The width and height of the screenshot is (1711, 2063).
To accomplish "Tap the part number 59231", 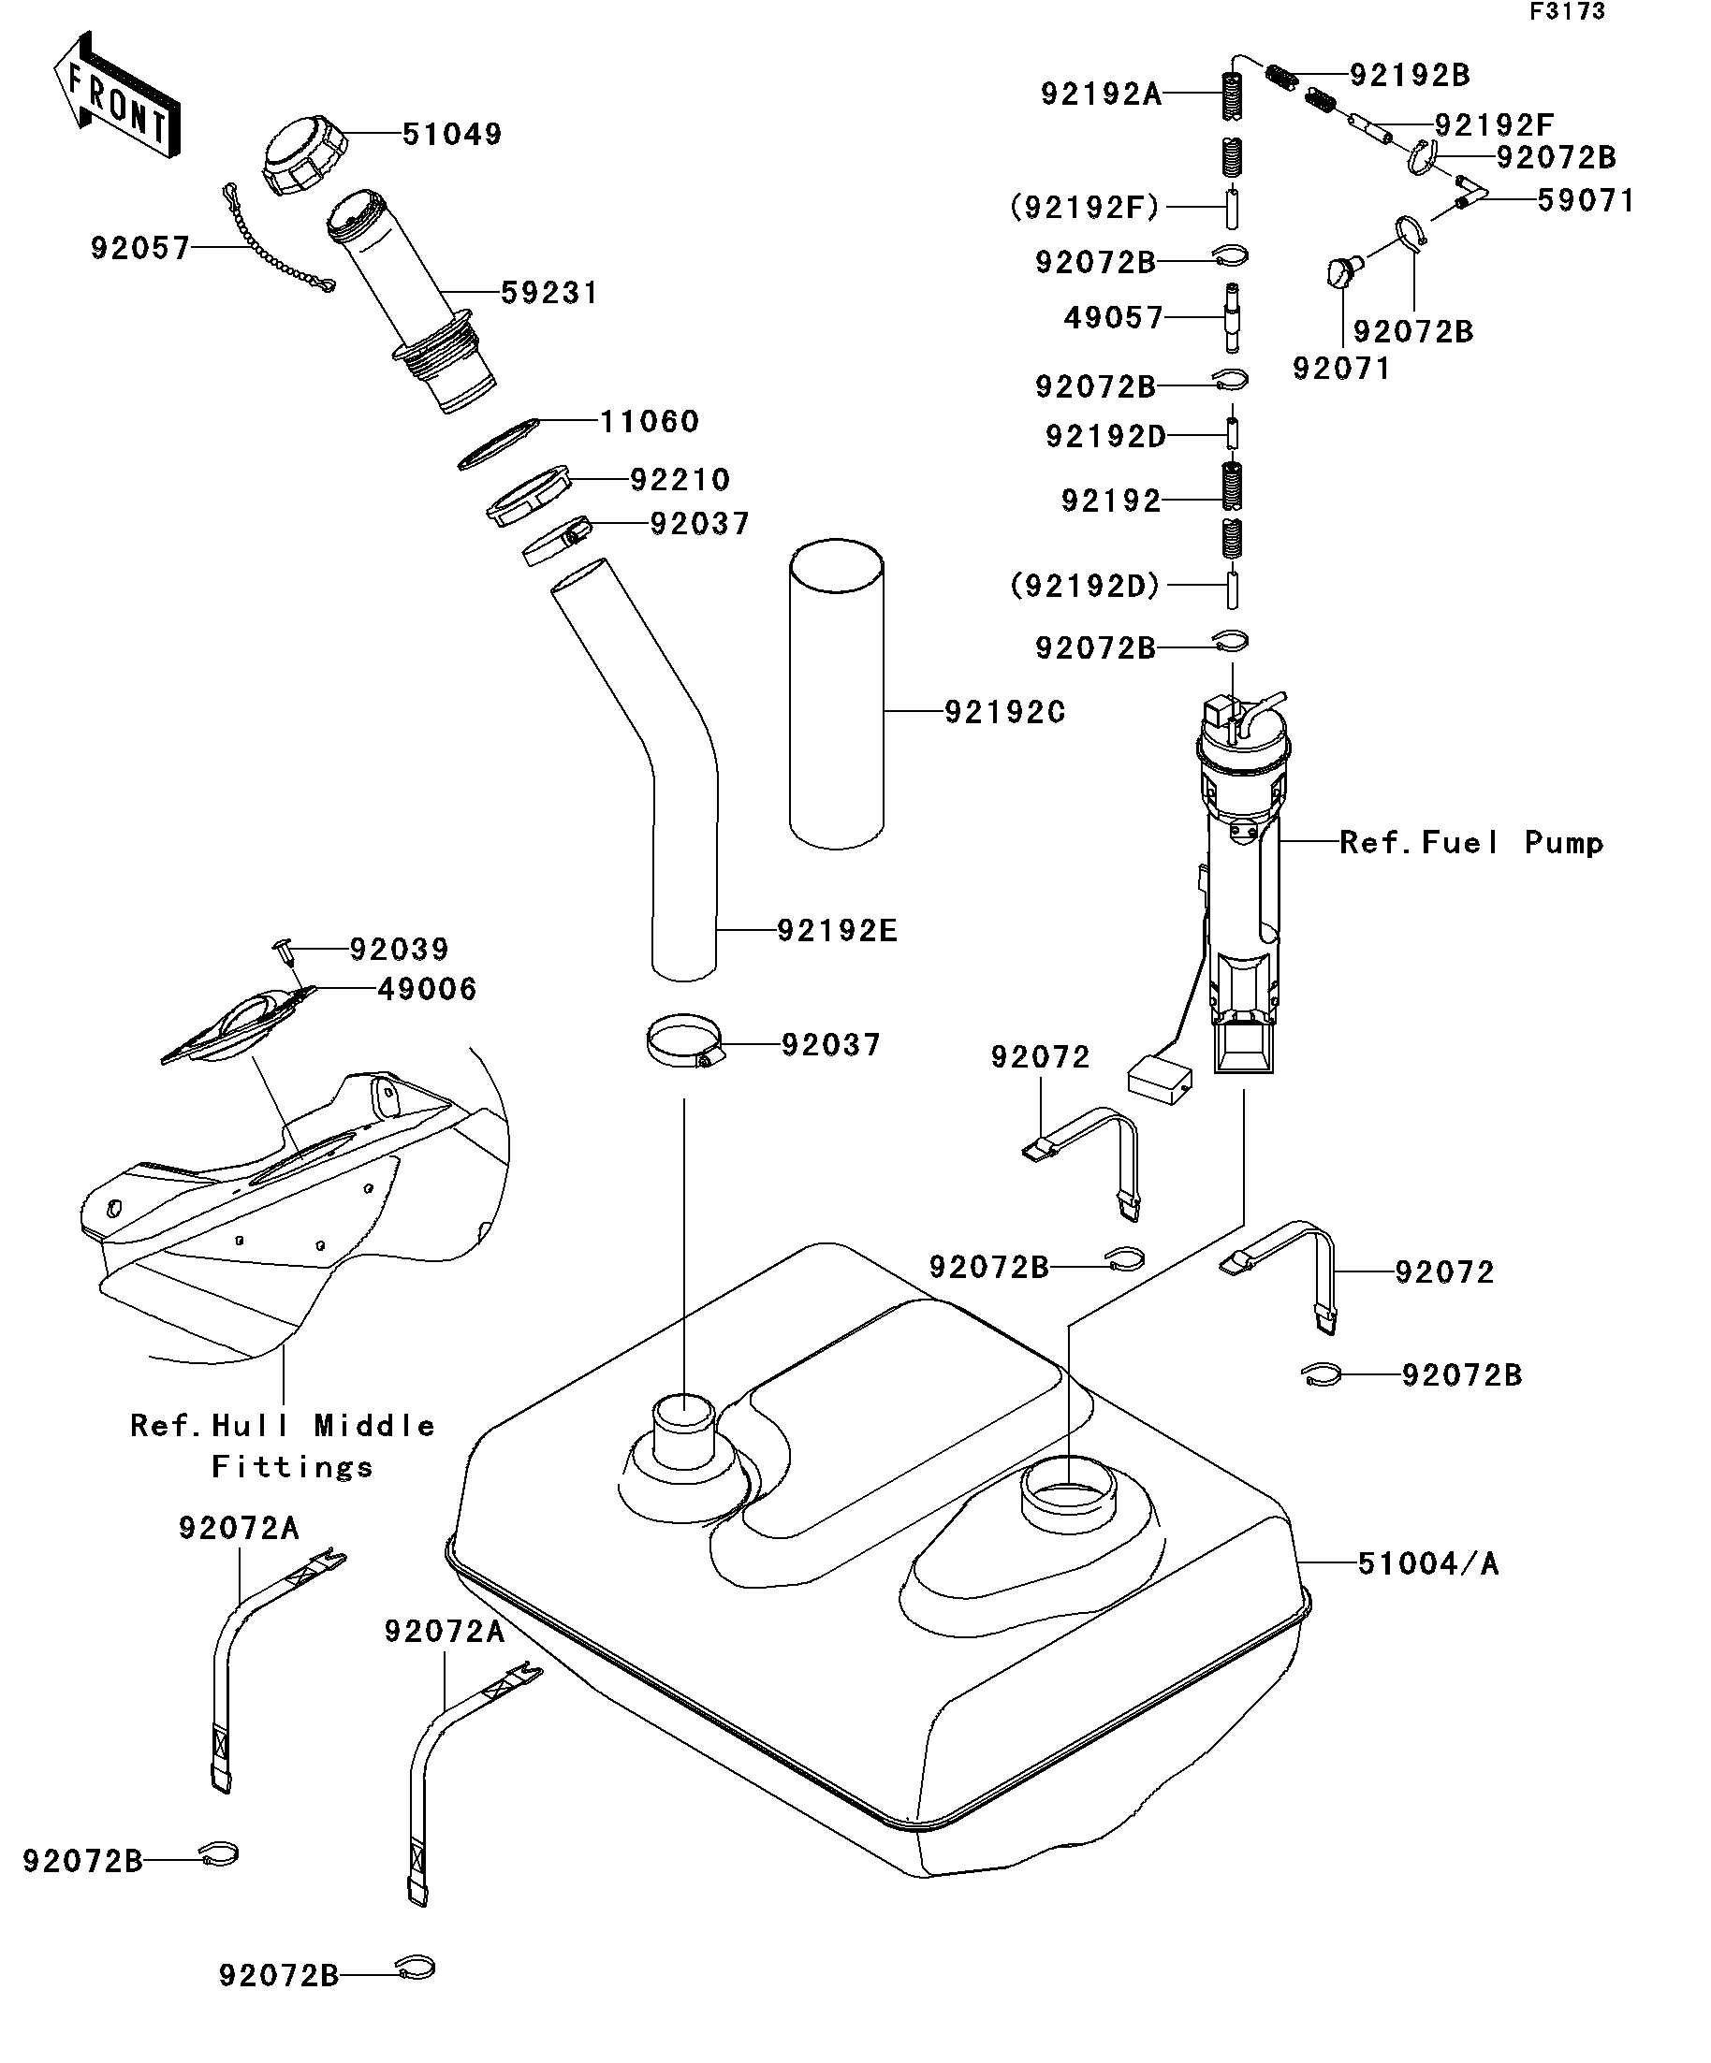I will (x=549, y=293).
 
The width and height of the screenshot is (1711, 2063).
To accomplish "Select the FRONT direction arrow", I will (x=116, y=95).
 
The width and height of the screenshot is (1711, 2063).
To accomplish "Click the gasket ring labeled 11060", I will (x=498, y=444).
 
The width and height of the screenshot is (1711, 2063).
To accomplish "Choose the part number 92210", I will (x=680, y=479).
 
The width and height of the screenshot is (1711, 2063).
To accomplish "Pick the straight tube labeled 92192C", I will (x=837, y=692).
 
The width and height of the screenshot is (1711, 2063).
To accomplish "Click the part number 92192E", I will (x=838, y=930).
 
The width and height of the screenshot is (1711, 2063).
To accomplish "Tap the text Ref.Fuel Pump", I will (x=1471, y=842).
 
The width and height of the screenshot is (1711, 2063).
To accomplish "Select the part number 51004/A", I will (x=1428, y=1563).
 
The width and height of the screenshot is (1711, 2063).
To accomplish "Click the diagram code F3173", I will (x=1567, y=12).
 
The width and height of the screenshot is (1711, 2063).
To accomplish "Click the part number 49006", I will (x=428, y=988).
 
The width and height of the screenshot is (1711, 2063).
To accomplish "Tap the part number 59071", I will (x=1586, y=200).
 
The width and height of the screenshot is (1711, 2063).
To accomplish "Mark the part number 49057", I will (x=1113, y=317).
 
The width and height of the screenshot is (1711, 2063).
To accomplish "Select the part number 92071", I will (x=1341, y=369).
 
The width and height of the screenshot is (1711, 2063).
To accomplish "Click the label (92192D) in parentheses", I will (x=1085, y=586).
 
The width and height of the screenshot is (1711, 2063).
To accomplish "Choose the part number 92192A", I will (x=1101, y=94).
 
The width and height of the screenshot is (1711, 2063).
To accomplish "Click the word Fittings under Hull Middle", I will (x=292, y=1467).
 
